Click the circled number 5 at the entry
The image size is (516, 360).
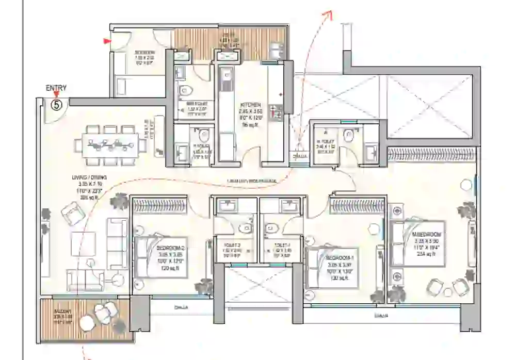click(x=57, y=104)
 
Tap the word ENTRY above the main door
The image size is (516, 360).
click(x=57, y=88)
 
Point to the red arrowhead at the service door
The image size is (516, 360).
click(x=107, y=41)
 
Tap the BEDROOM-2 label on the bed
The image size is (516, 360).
click(x=170, y=248)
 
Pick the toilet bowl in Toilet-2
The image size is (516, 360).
click(x=247, y=228)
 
